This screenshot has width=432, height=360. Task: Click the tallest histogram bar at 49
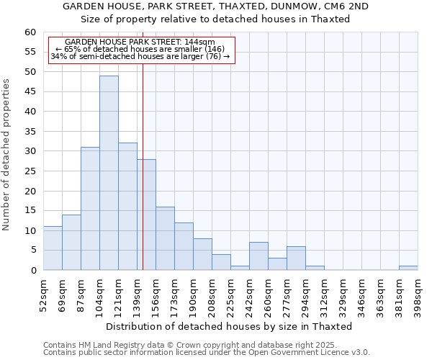(109, 173)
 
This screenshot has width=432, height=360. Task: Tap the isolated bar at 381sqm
(408, 268)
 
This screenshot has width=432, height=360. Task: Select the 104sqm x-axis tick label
(100, 293)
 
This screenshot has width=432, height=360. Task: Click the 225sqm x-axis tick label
(231, 293)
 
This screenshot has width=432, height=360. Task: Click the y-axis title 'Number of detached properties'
(7, 155)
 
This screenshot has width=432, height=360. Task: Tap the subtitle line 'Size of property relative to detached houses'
(215, 19)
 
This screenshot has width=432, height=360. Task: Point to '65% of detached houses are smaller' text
(140, 49)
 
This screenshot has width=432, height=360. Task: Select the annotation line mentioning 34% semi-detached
(140, 56)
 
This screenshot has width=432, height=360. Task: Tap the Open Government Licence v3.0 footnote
(206, 353)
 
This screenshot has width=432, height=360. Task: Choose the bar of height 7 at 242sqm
(258, 256)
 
